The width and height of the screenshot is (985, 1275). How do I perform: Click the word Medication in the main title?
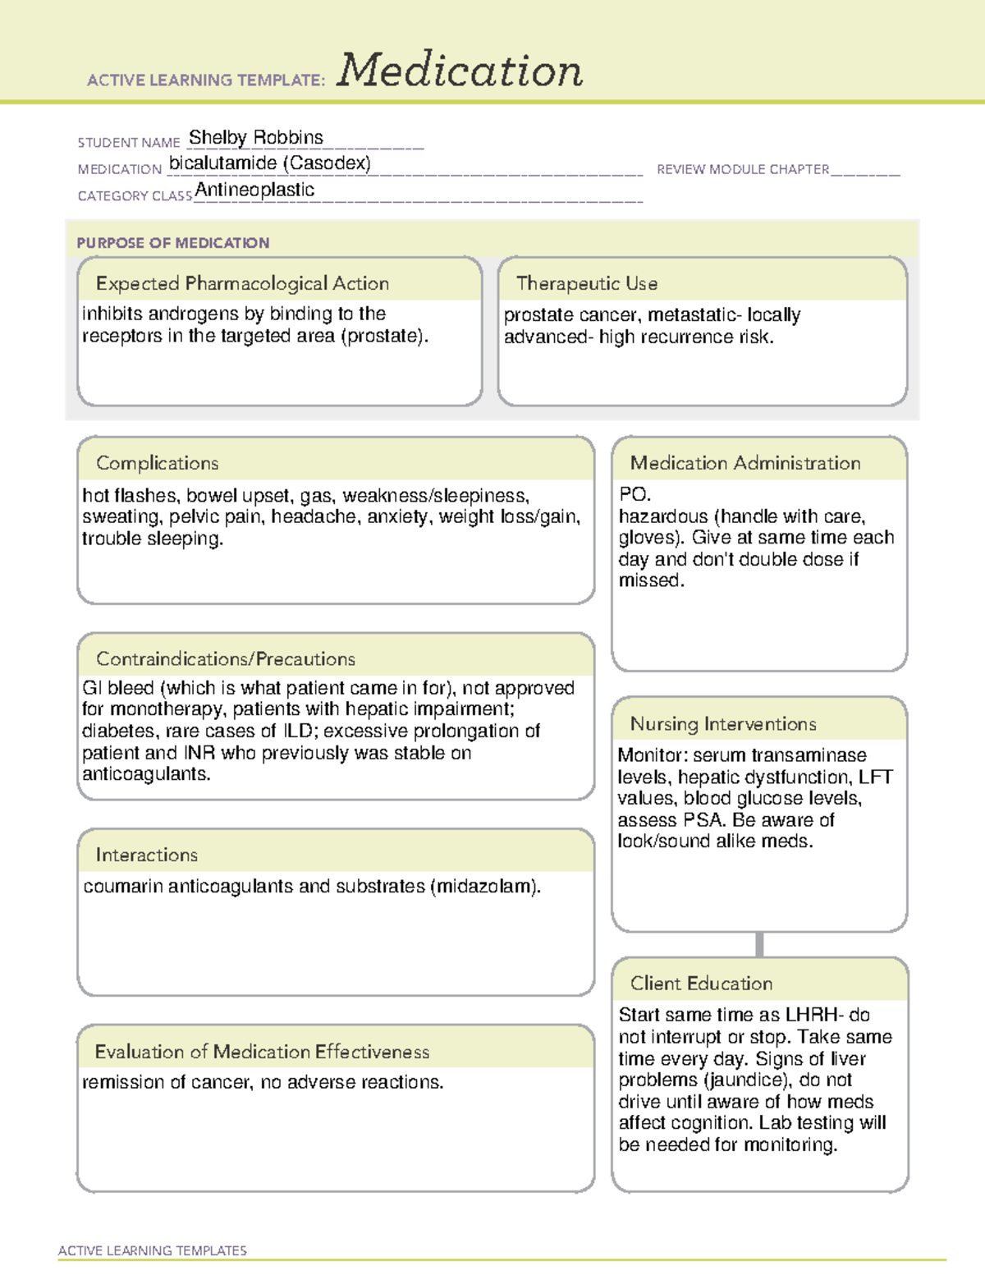click(x=460, y=71)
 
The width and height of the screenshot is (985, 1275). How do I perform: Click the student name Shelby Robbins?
click(x=256, y=137)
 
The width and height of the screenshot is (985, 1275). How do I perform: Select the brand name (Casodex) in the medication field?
click(x=327, y=163)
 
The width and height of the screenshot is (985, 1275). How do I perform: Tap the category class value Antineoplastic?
click(x=254, y=190)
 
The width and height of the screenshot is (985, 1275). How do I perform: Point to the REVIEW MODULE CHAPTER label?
click(x=743, y=169)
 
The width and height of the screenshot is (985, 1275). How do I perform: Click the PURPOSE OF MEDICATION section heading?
click(x=173, y=243)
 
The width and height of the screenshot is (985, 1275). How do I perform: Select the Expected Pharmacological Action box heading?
click(x=242, y=283)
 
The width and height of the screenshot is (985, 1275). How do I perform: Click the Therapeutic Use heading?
click(x=587, y=283)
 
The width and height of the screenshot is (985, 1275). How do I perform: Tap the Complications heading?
click(x=158, y=463)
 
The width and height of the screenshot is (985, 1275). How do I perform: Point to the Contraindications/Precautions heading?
click(x=226, y=658)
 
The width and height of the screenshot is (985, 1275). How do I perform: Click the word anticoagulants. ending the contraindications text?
click(x=146, y=774)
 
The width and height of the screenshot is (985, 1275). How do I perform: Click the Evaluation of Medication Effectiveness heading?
click(x=262, y=1052)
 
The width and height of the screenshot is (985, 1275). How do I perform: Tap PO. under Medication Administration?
click(x=635, y=494)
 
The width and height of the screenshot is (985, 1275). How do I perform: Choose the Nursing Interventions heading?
click(x=723, y=724)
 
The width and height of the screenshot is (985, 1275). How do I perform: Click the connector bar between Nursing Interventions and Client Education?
click(x=759, y=944)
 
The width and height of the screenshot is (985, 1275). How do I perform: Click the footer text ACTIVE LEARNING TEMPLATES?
click(x=153, y=1250)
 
